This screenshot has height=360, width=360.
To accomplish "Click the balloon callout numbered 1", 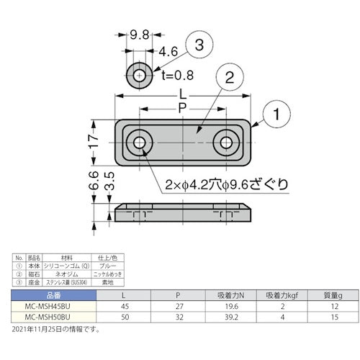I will point(278,114).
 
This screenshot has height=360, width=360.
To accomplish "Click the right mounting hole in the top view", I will point(228,141).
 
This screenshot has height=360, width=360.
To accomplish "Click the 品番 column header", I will point(53,295).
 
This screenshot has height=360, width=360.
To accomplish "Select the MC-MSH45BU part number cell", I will point(53,306).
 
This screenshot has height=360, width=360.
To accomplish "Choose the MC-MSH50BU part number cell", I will point(53,317).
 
